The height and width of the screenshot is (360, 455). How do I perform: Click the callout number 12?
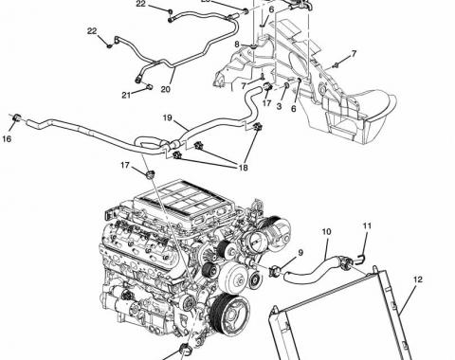[x=417, y=279]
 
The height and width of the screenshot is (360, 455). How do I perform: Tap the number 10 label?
[x=326, y=232]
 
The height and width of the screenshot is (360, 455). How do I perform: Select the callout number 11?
[x=367, y=225]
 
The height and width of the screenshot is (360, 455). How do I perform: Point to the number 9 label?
[x=300, y=252]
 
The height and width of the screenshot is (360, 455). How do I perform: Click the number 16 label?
[x=7, y=138]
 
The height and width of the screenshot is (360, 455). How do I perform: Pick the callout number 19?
[x=168, y=117]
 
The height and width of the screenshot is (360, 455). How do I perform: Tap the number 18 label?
[x=243, y=168]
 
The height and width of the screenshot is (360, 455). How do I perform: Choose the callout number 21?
[x=126, y=95]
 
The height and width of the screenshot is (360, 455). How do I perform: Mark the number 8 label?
[x=238, y=45]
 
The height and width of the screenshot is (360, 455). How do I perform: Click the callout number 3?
[x=279, y=106]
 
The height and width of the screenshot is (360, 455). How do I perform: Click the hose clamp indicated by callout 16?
[x=16, y=118]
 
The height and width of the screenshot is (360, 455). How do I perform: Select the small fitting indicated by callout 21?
[x=150, y=86]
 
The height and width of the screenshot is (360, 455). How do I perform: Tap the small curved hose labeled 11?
[x=361, y=258]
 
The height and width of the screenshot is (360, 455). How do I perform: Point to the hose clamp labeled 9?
[x=275, y=271]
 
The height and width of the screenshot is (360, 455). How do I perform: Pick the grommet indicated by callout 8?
[x=254, y=46]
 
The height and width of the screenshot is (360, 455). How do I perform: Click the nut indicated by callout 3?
[x=287, y=85]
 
